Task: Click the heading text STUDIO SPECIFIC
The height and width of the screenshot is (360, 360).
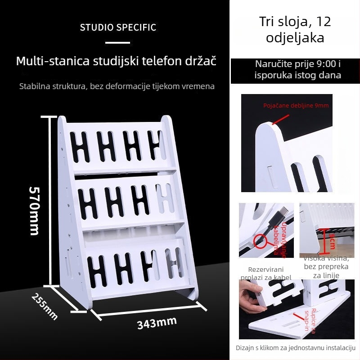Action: pos(118,27)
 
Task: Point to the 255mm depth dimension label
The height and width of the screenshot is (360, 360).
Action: pos(45,306)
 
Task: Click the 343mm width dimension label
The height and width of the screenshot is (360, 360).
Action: pos(157,322)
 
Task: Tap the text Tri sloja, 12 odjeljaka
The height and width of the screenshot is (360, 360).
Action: pos(295,29)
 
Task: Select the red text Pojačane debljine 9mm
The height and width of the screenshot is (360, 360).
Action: pos(296,106)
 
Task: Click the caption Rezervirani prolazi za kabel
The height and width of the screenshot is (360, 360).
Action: pos(266,273)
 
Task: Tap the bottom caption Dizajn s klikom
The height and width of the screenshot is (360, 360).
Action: pos(296,348)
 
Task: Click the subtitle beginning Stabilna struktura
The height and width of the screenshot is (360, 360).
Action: pos(117,85)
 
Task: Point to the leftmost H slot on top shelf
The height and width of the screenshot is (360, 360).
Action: pos(81,147)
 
